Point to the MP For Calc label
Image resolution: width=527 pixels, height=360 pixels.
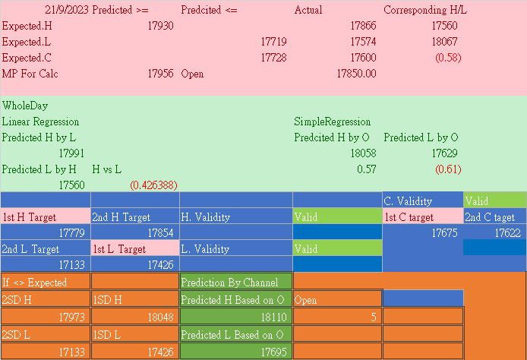(x=30, y=74)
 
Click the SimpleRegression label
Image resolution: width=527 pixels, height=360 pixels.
(x=333, y=122)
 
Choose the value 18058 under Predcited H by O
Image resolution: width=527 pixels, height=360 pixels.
(x=362, y=153)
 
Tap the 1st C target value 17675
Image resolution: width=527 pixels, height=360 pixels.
(x=444, y=233)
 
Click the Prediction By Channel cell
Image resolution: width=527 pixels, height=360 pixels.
(x=229, y=283)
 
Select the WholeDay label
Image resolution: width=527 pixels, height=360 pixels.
(x=25, y=106)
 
